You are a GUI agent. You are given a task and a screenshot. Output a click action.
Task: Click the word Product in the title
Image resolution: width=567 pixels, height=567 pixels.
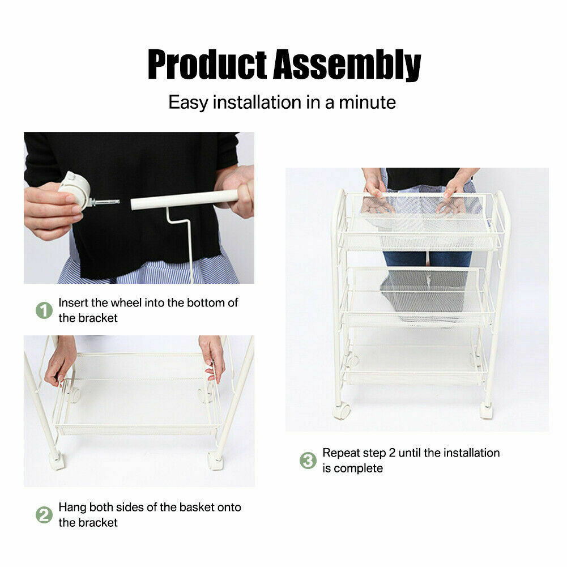(x=207, y=65)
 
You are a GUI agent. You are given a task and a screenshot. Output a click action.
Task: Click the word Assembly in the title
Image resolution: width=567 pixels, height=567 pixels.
(x=347, y=65)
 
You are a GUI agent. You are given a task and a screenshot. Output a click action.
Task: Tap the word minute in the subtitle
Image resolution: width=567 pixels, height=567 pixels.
(x=367, y=103)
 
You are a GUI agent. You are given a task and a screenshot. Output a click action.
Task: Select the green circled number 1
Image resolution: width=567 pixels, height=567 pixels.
(x=44, y=310)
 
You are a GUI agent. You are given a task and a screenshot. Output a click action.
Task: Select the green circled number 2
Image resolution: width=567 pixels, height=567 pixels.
(x=44, y=515)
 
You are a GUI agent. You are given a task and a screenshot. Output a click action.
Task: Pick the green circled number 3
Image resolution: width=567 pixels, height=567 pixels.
(x=308, y=461)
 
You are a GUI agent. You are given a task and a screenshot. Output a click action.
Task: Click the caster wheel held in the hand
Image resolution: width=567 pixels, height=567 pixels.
(x=75, y=190)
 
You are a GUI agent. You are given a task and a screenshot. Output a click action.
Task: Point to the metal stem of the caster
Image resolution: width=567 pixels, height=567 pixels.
(x=105, y=202)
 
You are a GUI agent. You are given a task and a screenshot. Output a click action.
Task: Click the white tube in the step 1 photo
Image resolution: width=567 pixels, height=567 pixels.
(x=185, y=199)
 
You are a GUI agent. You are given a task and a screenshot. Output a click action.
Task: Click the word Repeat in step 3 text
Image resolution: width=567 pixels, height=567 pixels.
(x=340, y=453)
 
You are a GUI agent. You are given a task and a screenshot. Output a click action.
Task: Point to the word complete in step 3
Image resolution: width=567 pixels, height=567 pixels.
(x=359, y=468)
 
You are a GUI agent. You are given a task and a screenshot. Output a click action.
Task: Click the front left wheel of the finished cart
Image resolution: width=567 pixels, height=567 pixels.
(x=342, y=411)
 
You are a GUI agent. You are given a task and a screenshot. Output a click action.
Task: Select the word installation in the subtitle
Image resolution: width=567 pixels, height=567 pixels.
(x=257, y=103)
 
